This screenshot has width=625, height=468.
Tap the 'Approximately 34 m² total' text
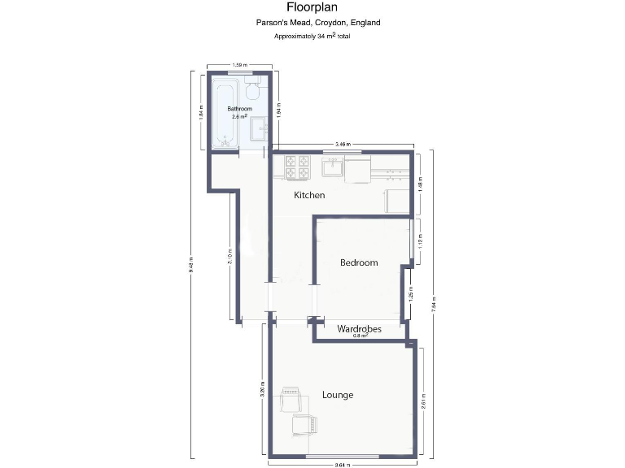317,37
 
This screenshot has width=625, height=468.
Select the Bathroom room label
239,109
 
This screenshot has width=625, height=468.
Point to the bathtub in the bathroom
221,114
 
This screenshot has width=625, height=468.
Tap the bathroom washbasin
260,127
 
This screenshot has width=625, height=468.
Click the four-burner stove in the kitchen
297,167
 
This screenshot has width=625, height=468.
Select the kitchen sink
332,168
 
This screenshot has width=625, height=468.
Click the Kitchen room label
309,195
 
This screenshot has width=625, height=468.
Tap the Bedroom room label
359,262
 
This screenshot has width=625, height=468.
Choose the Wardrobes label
359,328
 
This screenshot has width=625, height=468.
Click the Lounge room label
338,395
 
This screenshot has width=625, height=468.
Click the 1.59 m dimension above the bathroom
239,64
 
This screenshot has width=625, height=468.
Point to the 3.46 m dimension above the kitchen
343,144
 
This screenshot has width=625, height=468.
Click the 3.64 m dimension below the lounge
342,465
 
